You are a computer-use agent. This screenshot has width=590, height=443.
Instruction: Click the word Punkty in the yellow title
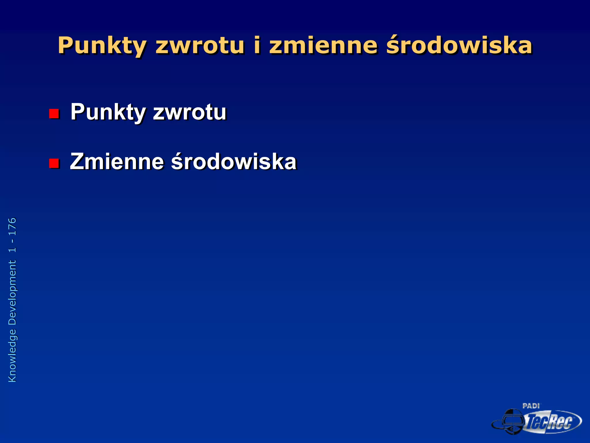tap(102, 46)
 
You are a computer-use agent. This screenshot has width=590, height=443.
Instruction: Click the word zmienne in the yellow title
tap(323, 46)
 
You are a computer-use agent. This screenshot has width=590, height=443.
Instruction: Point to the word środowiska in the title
tap(459, 46)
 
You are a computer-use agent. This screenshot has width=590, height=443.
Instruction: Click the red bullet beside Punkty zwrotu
tap(54, 114)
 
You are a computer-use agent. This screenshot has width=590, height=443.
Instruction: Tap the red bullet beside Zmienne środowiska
tap(54, 163)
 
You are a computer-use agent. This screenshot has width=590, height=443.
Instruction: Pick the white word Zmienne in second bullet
tap(117, 162)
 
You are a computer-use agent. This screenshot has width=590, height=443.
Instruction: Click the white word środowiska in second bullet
tap(234, 162)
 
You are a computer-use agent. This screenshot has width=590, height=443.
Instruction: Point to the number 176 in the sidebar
tap(12, 227)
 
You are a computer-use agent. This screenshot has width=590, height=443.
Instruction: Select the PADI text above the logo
tap(531, 406)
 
